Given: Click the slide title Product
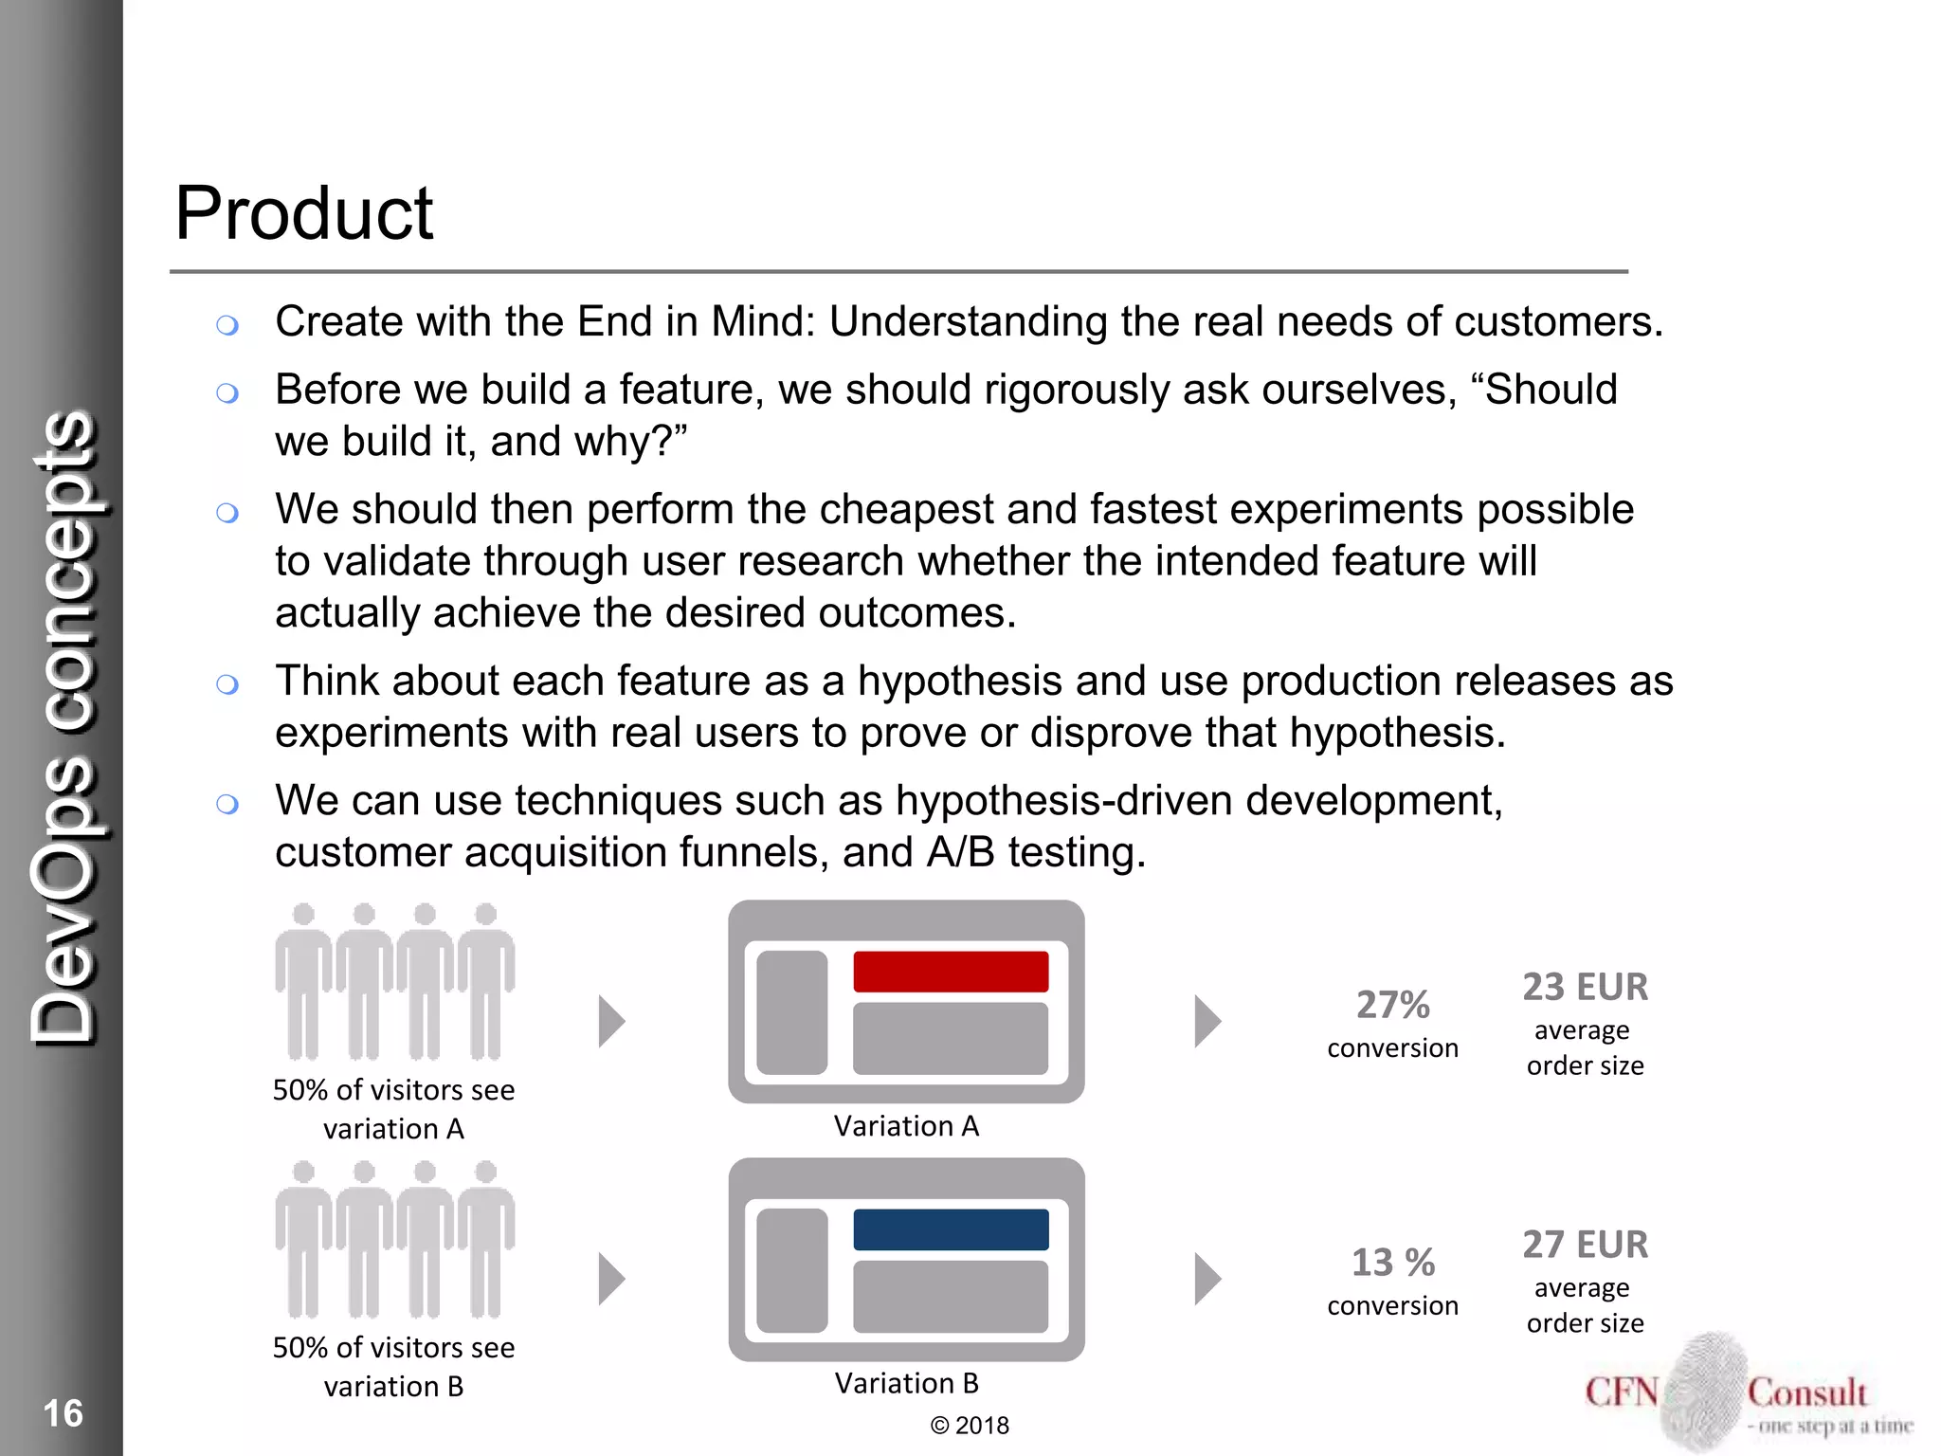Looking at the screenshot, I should point(303,213).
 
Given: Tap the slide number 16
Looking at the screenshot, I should point(63,1413).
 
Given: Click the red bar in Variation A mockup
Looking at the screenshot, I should point(951,972).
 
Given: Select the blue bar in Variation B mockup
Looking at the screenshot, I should point(951,1229).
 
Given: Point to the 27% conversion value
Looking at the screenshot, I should point(1392,1005).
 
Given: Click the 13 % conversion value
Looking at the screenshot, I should point(1392,1263).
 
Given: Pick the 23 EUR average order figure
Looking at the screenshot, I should point(1585,987).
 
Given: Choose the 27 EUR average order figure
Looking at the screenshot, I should point(1585,1245).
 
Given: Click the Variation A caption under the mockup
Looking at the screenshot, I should point(906,1126).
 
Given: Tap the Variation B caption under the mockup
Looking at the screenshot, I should point(906,1384).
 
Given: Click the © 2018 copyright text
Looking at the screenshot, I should point(970,1426).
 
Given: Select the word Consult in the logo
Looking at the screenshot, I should point(1806,1392).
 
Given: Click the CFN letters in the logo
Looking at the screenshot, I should point(1622,1392).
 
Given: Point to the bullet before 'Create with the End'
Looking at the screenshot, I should point(227,326).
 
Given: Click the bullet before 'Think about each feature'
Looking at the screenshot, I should point(227,684).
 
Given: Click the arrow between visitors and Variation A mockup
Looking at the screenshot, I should point(612,1022).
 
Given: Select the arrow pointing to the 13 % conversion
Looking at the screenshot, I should point(1207,1280).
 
